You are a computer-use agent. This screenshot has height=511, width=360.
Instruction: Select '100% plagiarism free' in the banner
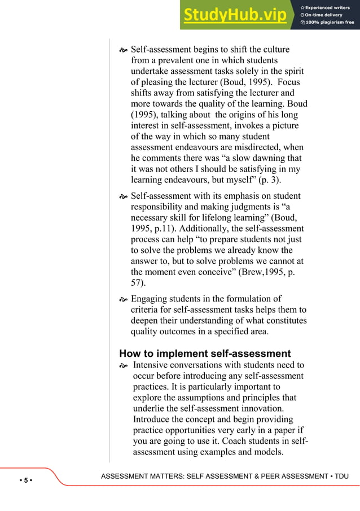(x=328, y=23)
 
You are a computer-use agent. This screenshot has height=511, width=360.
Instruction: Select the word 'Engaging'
(x=151, y=298)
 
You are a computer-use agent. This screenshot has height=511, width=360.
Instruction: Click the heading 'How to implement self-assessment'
(x=205, y=353)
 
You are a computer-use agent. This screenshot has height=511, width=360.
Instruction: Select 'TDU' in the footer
(x=341, y=477)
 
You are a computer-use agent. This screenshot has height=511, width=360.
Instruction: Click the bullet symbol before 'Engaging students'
(x=123, y=299)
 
